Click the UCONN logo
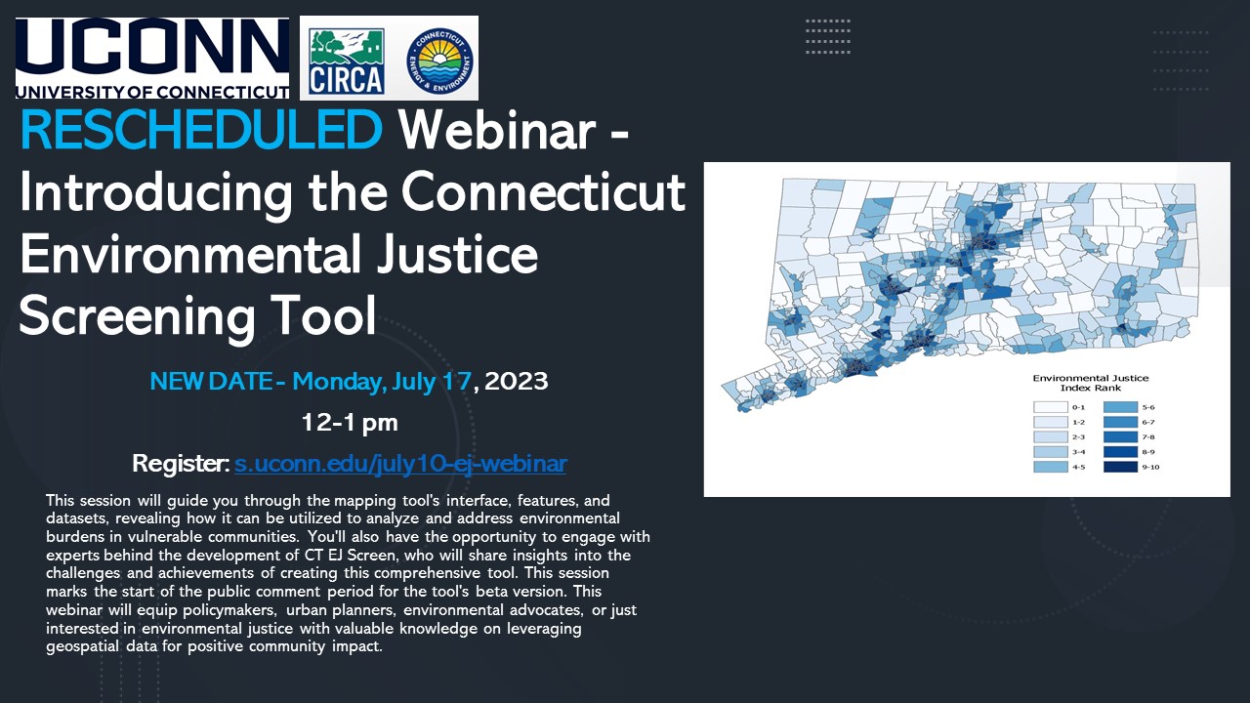(152, 58)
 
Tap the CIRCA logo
(346, 60)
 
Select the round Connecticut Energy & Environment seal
(440, 59)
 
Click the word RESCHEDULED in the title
(201, 130)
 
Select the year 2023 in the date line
(517, 381)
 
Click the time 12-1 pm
(350, 422)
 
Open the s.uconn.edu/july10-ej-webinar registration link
(400, 463)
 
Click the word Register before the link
(181, 463)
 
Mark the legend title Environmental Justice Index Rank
(1091, 383)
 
